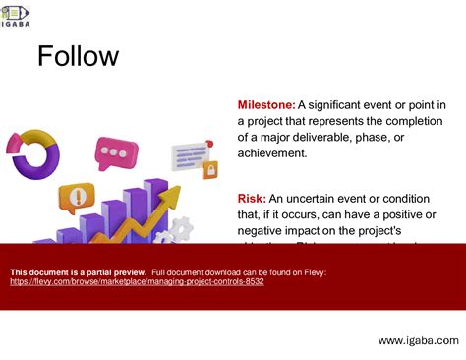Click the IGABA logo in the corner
click(17, 15)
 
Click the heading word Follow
click(78, 56)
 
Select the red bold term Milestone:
click(265, 105)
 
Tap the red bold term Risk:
click(252, 199)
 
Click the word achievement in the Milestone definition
click(280, 152)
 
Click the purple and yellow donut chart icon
click(31, 152)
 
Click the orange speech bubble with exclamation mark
click(76, 194)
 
